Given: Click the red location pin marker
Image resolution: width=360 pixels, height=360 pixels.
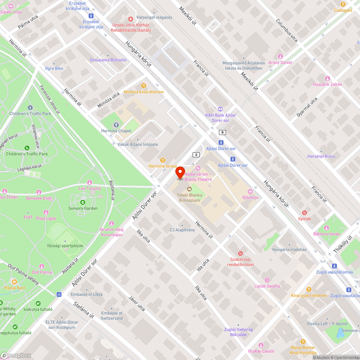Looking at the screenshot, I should (x=180, y=172).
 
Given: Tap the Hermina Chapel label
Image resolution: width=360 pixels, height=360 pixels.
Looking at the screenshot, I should (x=116, y=131).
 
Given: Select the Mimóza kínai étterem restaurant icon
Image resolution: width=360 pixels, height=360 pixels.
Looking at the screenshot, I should (x=144, y=86).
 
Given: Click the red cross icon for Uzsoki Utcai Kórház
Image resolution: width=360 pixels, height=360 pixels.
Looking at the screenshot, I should (x=131, y=19).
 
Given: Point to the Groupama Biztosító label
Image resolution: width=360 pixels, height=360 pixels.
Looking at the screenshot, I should (x=108, y=60).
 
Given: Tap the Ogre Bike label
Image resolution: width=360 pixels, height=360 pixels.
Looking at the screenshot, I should (x=54, y=68).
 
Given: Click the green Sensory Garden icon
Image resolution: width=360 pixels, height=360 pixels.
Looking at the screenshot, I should (x=83, y=202).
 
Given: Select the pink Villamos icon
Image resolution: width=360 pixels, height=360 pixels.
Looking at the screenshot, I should (x=250, y=191).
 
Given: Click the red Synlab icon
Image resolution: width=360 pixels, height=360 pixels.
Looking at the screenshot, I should (x=304, y=212).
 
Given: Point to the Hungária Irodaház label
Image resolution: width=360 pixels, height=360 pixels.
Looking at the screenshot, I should (x=289, y=249).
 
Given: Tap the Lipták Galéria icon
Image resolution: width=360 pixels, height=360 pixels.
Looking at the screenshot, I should (x=267, y=280).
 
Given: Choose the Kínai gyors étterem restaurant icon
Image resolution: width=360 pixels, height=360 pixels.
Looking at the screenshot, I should (x=309, y=289).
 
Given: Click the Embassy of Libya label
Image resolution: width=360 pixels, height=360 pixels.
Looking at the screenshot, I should (x=86, y=294).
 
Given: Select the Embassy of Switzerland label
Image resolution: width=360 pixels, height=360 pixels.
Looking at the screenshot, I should (x=112, y=315).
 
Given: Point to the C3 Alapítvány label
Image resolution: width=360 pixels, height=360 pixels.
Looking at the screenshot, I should (x=182, y=230).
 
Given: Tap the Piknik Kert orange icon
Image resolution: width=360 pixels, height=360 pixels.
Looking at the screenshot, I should (x=14, y=282).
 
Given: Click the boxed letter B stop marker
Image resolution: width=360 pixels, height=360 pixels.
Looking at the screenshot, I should (x=223, y=132).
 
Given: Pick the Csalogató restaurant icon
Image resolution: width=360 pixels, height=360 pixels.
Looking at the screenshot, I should (x=343, y=4).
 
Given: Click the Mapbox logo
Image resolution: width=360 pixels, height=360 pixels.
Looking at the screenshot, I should (x=16, y=355).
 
